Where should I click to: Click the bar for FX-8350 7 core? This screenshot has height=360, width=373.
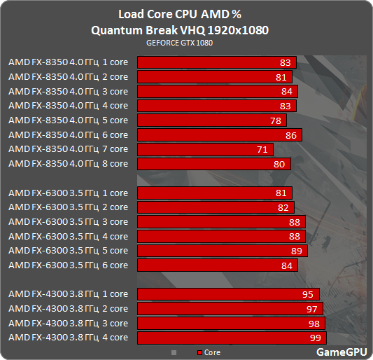point(205,149)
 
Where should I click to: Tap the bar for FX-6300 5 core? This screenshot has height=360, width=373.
point(223,251)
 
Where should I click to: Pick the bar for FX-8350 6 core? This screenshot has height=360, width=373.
point(220,134)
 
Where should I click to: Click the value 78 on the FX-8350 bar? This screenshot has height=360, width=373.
point(276,120)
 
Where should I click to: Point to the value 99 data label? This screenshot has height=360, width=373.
point(316,338)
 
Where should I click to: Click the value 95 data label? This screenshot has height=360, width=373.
point(308,294)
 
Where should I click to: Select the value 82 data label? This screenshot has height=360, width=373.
point(283,207)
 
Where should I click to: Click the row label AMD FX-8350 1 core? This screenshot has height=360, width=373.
point(68,62)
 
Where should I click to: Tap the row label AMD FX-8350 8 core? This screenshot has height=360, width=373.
point(68,164)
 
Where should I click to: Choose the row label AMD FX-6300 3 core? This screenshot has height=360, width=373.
point(68,222)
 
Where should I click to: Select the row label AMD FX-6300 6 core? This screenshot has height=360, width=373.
point(68,265)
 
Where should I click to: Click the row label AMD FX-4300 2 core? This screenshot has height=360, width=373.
point(68,309)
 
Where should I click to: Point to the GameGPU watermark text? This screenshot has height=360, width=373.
point(339,352)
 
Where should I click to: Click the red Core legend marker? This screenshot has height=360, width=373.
point(199,353)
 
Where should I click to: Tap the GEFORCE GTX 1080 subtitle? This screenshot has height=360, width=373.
point(179,43)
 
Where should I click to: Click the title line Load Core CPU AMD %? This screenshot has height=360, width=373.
point(179,14)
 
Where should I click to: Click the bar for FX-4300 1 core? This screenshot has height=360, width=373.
point(228,294)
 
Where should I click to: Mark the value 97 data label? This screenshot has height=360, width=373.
point(311,309)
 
